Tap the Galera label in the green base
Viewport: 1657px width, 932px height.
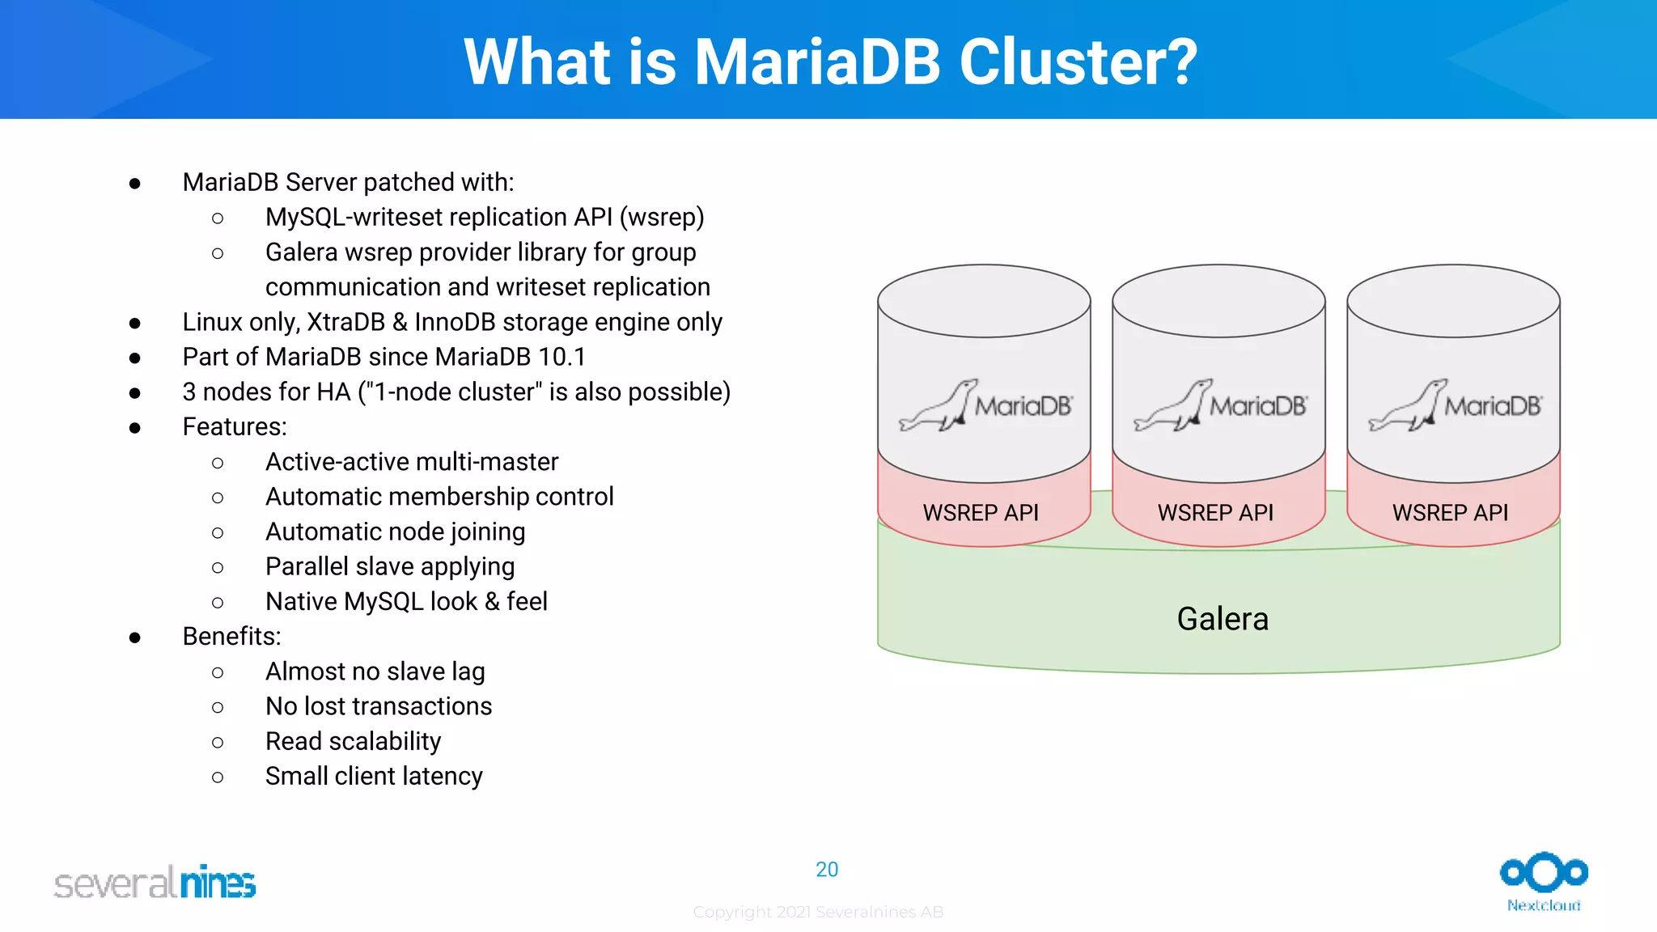click(1222, 619)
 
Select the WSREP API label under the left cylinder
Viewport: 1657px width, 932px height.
click(981, 513)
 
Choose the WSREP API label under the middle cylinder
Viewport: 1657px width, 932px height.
click(1215, 513)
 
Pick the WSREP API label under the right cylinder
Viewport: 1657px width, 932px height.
click(1450, 513)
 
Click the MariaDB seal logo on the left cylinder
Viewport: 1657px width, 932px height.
click(985, 405)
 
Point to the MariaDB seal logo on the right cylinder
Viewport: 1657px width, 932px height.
click(1454, 405)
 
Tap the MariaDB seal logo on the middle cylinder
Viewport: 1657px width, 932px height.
click(1219, 405)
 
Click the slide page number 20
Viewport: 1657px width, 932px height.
click(827, 870)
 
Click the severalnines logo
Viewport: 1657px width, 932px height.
click(155, 883)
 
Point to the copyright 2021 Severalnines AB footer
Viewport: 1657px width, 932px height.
click(818, 913)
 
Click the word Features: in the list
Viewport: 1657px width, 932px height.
click(235, 426)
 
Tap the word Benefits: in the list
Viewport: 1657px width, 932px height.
click(231, 637)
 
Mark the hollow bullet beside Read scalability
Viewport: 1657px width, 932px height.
click(218, 742)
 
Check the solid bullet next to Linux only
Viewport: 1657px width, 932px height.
click(135, 323)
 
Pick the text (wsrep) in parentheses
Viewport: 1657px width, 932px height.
click(662, 218)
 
